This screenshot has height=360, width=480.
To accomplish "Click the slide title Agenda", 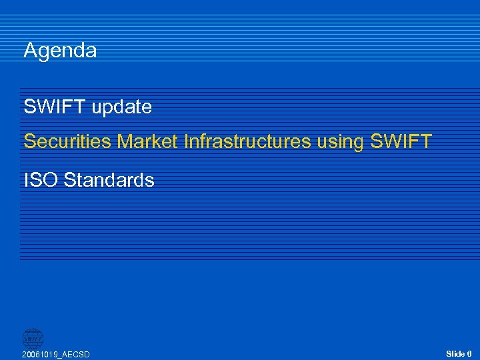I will point(60,51).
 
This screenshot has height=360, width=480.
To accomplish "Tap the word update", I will point(122,107).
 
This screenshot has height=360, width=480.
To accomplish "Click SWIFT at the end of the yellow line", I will point(402,141).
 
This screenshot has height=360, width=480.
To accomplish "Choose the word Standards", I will point(109,180).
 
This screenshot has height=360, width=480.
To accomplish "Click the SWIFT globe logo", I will point(33,338).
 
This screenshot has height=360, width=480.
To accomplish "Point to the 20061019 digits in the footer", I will point(40,355).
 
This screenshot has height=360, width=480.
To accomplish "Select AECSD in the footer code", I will point(76,355).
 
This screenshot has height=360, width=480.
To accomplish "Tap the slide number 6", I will point(469,353).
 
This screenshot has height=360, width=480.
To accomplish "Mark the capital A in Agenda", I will point(30,51).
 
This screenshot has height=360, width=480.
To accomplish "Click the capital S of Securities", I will point(29,141).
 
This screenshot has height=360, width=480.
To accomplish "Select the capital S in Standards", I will point(69,180).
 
